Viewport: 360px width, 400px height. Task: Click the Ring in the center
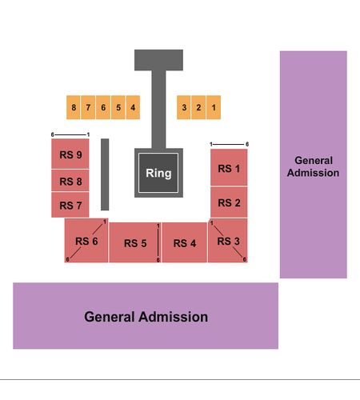point(158,173)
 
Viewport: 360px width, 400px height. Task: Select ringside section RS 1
point(229,167)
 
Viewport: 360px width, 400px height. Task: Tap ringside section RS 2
point(229,202)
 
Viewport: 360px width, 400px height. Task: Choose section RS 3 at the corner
point(228,241)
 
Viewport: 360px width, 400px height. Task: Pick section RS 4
point(185,242)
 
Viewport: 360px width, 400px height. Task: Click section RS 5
point(135,242)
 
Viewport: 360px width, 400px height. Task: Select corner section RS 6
point(86,241)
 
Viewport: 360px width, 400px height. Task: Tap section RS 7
point(70,205)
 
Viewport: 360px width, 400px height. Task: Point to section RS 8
point(70,181)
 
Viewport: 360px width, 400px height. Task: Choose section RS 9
point(70,154)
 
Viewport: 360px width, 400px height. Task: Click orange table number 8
point(74,107)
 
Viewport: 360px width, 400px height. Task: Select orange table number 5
point(118,107)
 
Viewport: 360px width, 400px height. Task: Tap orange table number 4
point(133,107)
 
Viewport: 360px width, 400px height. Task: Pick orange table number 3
point(184,107)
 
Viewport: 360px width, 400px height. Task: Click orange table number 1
point(214,107)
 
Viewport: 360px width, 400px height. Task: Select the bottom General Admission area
point(146,316)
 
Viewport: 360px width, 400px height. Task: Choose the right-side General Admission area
point(314,165)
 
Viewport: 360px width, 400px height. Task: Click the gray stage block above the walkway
point(158,60)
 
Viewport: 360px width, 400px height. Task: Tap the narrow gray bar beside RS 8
point(105,174)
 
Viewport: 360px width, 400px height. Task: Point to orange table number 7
point(88,107)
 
